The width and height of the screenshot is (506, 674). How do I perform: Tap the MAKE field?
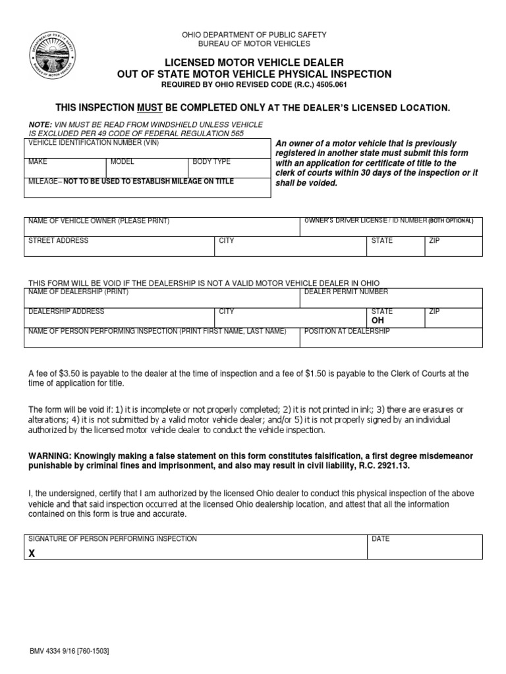[65, 168]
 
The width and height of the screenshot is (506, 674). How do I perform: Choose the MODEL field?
[147, 168]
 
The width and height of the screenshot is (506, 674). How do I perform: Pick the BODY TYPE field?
[229, 168]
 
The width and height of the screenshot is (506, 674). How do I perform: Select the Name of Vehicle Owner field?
[162, 226]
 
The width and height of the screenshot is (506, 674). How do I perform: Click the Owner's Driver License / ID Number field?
[391, 226]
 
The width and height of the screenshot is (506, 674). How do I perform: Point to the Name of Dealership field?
[162, 298]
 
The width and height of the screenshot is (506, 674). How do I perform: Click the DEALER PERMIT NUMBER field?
[391, 298]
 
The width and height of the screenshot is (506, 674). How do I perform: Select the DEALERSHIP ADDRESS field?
[120, 317]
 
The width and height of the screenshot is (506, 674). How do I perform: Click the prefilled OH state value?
[378, 321]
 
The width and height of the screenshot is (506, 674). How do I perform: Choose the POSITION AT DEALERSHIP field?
[391, 337]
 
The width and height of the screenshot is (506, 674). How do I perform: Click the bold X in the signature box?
[31, 554]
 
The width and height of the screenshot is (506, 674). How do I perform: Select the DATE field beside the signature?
[425, 546]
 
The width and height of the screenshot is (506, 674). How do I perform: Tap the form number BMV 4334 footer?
[69, 651]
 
